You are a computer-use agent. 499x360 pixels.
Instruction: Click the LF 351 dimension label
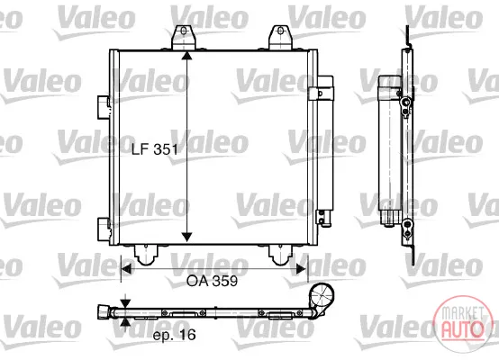coord(155,148)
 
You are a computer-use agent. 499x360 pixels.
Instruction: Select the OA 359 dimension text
coord(212,281)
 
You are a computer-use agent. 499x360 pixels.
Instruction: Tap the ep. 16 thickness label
coord(174,335)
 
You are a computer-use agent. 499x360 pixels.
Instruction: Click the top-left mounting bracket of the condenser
coord(184,38)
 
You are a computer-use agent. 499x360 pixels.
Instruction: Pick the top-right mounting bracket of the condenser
coord(280,38)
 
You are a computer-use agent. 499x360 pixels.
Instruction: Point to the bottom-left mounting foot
coord(146,255)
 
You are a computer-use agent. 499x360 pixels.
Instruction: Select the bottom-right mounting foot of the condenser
coord(280,255)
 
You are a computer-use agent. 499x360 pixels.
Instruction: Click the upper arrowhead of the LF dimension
coord(186,55)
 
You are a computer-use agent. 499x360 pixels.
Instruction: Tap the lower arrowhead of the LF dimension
coord(186,237)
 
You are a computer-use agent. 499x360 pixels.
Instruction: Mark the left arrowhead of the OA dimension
coord(126,269)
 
